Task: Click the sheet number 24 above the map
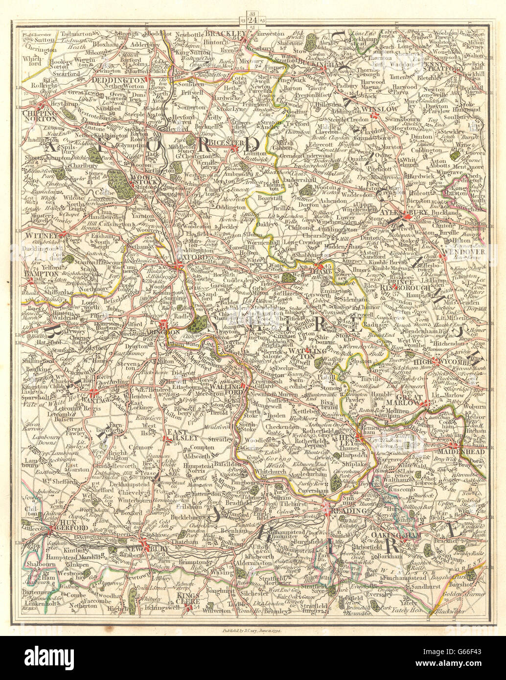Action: pos(252,20)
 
